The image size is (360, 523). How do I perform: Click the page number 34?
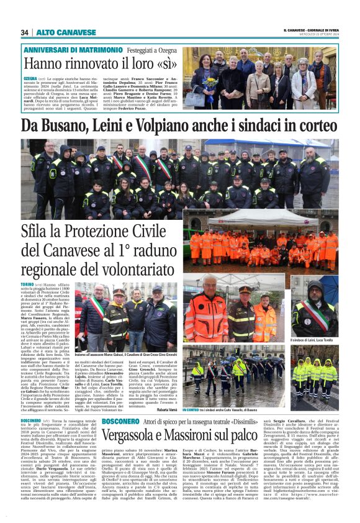pyautogui.click(x=25, y=32)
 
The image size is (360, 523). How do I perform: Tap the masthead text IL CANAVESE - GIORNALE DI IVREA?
pyautogui.click(x=310, y=29)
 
